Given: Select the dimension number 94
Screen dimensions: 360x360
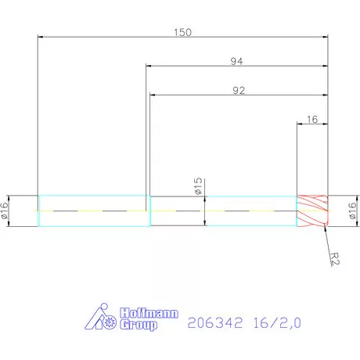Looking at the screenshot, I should [x=236, y=61].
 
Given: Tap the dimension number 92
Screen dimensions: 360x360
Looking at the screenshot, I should [x=239, y=91].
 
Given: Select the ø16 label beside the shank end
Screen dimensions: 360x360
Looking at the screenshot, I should [x=5, y=211].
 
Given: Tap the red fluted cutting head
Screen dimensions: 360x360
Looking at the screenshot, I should [x=312, y=211].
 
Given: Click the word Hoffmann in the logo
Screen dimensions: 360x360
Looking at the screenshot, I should [x=148, y=312].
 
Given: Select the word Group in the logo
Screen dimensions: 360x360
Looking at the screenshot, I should [x=141, y=324].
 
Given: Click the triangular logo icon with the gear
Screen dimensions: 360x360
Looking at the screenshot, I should [x=101, y=317].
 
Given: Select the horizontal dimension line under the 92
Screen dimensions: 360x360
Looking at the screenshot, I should [x=196, y=95].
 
